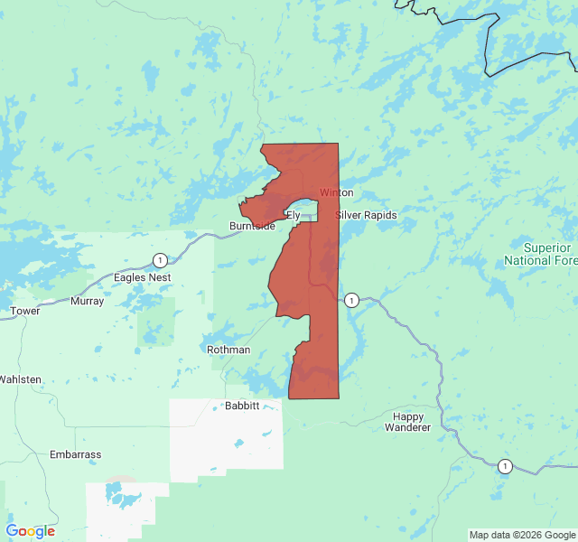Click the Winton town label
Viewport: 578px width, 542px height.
coord(336,193)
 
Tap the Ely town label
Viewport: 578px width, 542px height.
coord(293,215)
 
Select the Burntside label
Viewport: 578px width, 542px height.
coord(252,226)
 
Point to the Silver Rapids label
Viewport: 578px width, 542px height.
coord(366,215)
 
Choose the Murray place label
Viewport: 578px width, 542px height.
coord(87,302)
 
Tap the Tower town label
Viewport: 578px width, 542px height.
coord(24,312)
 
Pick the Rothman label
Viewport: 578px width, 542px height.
coord(228,350)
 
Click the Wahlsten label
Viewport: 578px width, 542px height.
coord(20,379)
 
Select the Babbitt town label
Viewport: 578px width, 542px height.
coord(241,406)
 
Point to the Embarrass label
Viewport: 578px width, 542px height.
coord(76,454)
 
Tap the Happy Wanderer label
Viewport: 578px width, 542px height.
coord(409,422)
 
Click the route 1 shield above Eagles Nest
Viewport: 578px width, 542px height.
coord(160,260)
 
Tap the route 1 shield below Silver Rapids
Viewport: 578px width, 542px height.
coord(351,300)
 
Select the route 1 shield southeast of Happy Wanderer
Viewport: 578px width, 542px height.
coord(504,466)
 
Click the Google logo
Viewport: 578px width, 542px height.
coord(30,531)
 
